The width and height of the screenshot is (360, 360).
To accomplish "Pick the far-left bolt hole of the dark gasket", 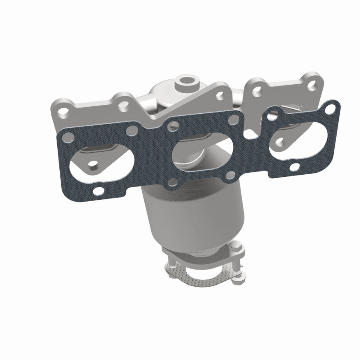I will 67,136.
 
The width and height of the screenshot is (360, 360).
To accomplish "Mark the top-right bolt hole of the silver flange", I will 312,82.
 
